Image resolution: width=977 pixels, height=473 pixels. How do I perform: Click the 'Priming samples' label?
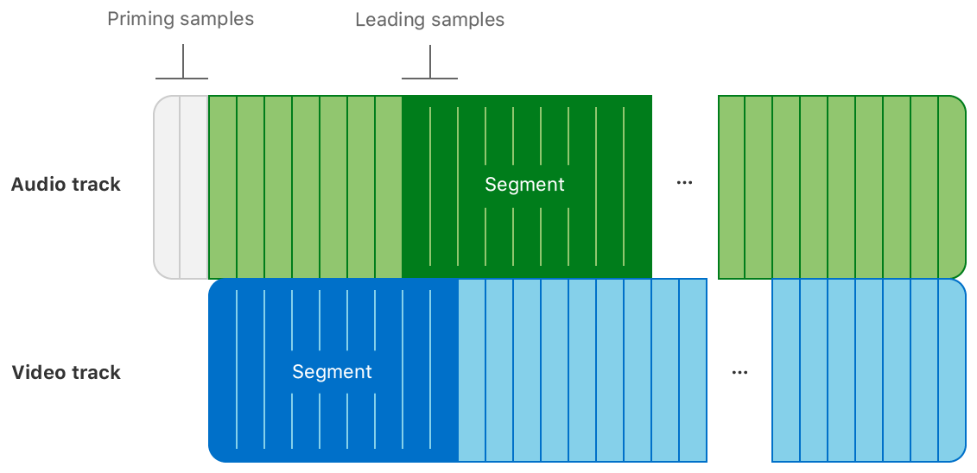pyautogui.click(x=181, y=19)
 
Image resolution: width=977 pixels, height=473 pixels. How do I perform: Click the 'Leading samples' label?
pyautogui.click(x=429, y=19)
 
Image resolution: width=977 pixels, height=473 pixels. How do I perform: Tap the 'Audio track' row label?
pyautogui.click(x=66, y=185)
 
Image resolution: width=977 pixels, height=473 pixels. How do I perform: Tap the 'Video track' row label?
pyautogui.click(x=66, y=373)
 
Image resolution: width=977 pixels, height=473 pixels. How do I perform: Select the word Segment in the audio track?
pyautogui.click(x=524, y=185)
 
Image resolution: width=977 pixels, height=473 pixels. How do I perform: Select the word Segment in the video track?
pyautogui.click(x=332, y=372)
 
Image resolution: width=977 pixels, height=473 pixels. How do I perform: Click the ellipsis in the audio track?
pyautogui.click(x=685, y=183)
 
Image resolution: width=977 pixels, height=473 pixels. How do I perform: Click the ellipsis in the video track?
pyautogui.click(x=739, y=372)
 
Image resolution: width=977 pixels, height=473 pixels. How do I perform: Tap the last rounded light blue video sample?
pyautogui.click(x=952, y=370)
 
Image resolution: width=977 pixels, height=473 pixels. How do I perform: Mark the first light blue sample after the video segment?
pyautogui.click(x=472, y=370)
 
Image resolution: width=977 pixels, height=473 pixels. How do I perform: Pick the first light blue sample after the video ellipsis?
pyautogui.click(x=786, y=370)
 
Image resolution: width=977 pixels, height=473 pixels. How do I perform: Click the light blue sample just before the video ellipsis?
pyautogui.click(x=693, y=370)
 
